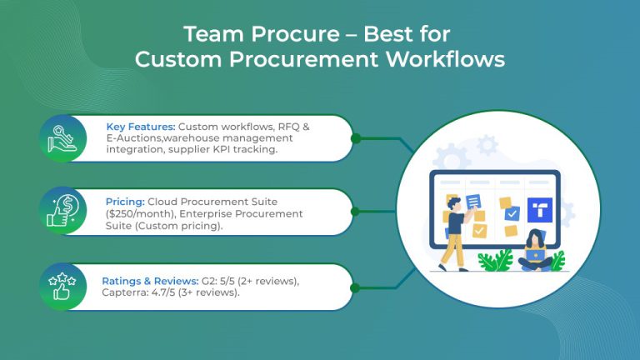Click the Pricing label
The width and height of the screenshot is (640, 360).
125,201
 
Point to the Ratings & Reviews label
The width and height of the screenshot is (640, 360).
149,281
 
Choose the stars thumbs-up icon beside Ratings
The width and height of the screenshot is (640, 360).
63,287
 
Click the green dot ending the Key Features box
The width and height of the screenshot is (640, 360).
356,138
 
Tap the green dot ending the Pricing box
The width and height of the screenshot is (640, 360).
356,212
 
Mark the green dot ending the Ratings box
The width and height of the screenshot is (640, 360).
356,287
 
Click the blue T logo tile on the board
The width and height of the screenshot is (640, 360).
540,210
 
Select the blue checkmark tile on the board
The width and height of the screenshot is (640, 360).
512,213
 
